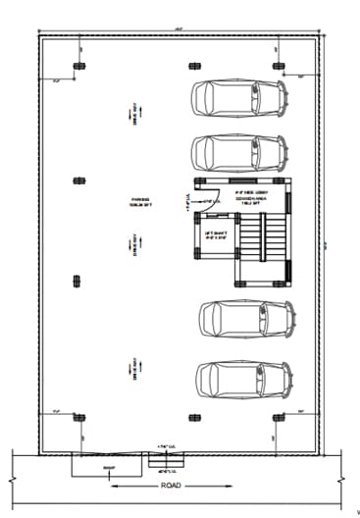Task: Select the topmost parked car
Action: pyautogui.click(x=237, y=99)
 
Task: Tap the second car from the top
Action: pyautogui.click(x=237, y=152)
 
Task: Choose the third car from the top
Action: pyautogui.click(x=246, y=319)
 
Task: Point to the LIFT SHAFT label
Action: pyautogui.click(x=216, y=234)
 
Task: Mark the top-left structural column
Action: pyautogui.click(x=78, y=67)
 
